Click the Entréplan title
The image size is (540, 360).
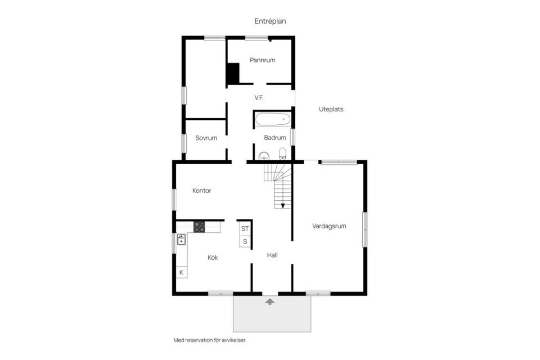point(270,21)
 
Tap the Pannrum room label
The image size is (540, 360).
point(263,60)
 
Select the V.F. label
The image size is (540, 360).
point(259,97)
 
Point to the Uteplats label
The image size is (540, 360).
point(331,109)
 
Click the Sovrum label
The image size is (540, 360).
point(206,138)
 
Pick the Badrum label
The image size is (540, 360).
point(275,137)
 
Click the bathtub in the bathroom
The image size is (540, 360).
point(272,119)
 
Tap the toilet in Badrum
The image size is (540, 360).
point(282,154)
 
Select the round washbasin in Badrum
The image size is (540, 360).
point(264,156)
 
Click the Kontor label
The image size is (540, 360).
point(201,191)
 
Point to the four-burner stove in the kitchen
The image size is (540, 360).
point(199,227)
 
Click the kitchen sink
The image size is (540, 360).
point(181,239)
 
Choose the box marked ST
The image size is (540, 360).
point(245,228)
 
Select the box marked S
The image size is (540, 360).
point(245,241)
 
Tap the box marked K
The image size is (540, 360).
point(182,272)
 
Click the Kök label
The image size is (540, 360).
point(213,257)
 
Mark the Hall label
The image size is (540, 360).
point(272,255)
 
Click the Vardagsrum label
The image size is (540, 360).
point(329,226)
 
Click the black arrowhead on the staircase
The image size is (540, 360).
point(283,206)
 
